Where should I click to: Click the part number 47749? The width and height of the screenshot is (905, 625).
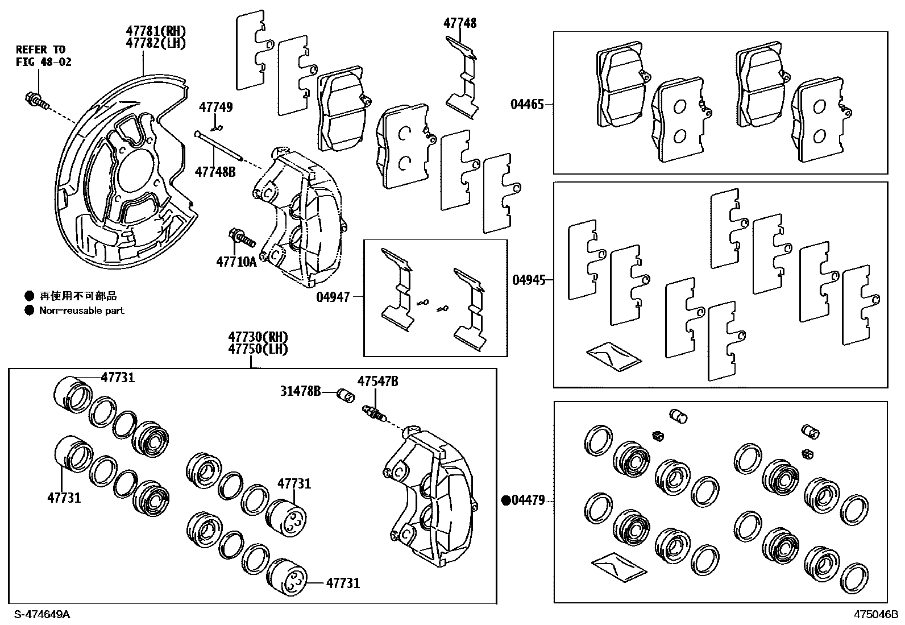pos(215,107)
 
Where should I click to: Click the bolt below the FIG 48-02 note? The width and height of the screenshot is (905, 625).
pos(35,101)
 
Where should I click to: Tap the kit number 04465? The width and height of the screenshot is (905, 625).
pos(527,104)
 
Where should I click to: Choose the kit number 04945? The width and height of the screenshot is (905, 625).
pos(529,280)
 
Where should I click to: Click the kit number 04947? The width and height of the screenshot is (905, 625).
pos(333,296)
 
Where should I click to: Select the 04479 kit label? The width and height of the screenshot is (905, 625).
pos(528,500)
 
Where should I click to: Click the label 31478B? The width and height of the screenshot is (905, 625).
pos(300,391)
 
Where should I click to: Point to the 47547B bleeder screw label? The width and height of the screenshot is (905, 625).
pos(377,381)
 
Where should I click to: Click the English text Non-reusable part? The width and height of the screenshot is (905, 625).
pos(81,311)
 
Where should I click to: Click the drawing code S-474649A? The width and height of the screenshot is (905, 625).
pos(43,614)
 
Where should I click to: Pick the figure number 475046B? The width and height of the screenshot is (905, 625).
pos(875,614)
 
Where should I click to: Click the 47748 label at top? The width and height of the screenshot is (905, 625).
pos(460,23)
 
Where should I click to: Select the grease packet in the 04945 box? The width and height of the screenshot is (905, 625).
pos(613,356)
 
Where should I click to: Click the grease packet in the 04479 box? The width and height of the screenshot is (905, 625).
pos(618,566)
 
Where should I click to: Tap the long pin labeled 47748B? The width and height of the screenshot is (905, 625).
pos(219,146)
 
